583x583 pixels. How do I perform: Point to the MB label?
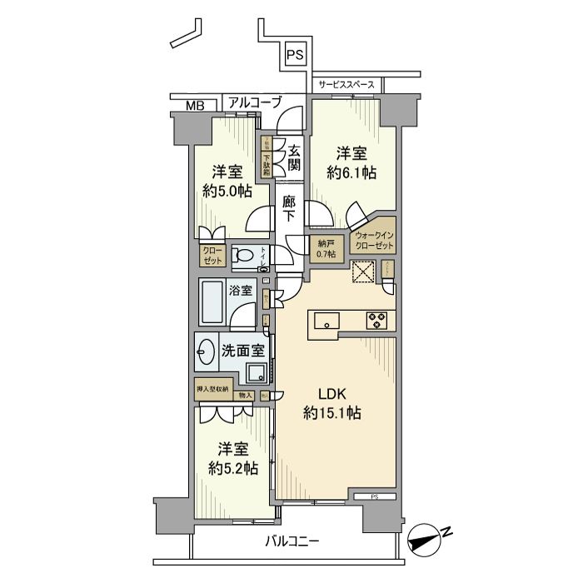click(194, 105)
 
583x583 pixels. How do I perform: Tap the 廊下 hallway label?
click(288, 208)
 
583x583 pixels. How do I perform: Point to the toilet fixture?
click(243, 257)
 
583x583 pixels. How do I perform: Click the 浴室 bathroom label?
click(240, 292)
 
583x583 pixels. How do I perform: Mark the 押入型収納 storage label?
click(212, 388)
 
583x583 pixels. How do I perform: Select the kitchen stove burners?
click(376, 318)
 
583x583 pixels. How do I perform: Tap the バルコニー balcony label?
click(292, 542)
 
